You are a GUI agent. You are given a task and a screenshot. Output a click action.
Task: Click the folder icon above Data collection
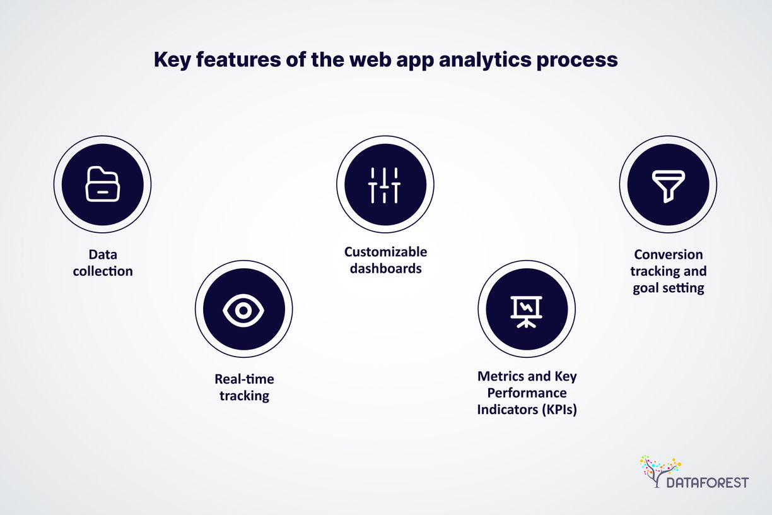coord(102,184)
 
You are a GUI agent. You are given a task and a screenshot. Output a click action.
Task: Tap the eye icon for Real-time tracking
coord(243,310)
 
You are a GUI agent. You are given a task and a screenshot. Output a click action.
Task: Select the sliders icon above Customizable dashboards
coord(384,185)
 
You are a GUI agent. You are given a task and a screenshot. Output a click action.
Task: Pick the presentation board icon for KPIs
coord(526,312)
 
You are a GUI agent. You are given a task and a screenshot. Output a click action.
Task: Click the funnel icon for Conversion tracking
coord(669,186)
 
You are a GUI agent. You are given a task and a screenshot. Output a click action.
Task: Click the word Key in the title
coord(172,60)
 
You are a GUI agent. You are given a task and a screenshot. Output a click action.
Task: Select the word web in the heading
coord(370,59)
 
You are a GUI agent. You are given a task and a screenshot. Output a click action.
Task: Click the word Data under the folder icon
coord(103,254)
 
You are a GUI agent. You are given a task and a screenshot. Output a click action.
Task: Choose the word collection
coord(103,271)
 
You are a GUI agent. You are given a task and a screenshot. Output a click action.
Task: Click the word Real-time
coord(244,379)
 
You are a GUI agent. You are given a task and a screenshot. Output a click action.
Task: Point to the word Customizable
coord(385,252)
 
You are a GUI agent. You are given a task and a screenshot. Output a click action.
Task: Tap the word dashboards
coord(385,268)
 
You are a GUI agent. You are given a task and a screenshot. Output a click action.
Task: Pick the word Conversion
coord(669,254)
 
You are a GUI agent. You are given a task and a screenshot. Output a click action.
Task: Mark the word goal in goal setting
coord(647,288)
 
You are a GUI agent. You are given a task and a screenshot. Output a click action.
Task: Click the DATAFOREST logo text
coord(708,482)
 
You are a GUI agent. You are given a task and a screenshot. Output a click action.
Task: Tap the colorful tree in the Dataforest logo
coord(660,471)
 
